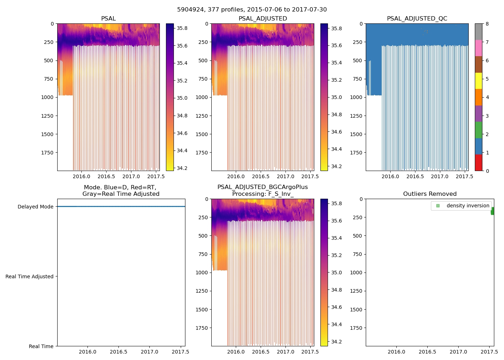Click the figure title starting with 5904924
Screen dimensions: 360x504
tap(252, 10)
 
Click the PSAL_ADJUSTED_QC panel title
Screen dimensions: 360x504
tap(417, 19)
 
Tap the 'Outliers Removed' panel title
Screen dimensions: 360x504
tap(429, 194)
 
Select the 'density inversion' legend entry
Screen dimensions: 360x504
tap(468, 206)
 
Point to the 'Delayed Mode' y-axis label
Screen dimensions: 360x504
tap(35, 207)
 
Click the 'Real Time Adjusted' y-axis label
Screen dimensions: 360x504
tap(29, 276)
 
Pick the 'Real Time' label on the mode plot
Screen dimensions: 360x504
tap(41, 346)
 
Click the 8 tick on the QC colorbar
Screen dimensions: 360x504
tap(487, 24)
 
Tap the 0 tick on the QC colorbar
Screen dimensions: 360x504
tap(487, 171)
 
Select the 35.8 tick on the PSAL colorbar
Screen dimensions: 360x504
tap(182, 28)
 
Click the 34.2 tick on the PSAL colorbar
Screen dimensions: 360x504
tap(182, 168)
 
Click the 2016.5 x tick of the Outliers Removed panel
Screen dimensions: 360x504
tap(427, 352)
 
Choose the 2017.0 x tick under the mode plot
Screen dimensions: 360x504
tap(149, 352)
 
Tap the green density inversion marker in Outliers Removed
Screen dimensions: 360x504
tap(492, 211)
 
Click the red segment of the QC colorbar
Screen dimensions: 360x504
tap(478, 163)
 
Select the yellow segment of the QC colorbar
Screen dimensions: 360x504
tap(478, 81)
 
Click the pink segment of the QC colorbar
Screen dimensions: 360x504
tap(478, 48)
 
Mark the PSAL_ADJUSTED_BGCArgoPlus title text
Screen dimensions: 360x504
tap(262, 187)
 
